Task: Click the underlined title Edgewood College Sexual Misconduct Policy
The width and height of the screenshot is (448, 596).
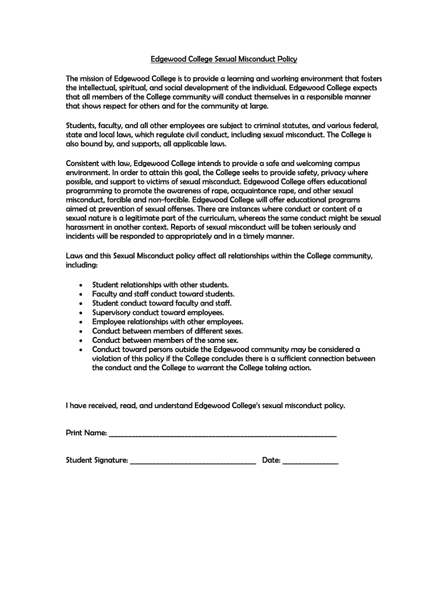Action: [x=224, y=59]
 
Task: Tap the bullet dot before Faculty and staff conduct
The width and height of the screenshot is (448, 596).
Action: [x=80, y=295]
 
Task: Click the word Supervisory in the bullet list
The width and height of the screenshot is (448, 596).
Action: [x=112, y=313]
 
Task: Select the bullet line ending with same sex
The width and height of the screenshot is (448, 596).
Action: [x=165, y=340]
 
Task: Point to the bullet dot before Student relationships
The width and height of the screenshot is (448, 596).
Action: [x=80, y=285]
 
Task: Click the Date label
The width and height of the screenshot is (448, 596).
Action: [x=271, y=460]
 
